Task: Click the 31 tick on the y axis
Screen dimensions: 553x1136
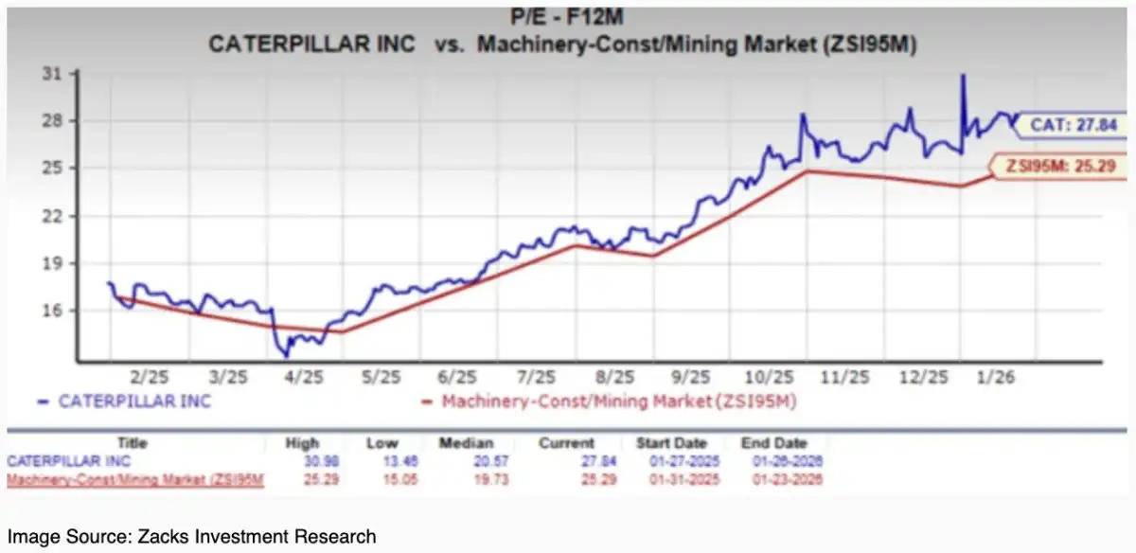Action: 58,74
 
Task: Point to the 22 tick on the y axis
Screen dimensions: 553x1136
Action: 58,216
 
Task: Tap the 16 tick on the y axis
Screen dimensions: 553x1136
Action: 58,311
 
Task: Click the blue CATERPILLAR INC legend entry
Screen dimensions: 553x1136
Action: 125,401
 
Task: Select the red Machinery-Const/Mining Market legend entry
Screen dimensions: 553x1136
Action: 610,401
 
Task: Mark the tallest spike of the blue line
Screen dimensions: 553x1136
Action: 963,76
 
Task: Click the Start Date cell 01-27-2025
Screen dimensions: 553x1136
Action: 673,460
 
